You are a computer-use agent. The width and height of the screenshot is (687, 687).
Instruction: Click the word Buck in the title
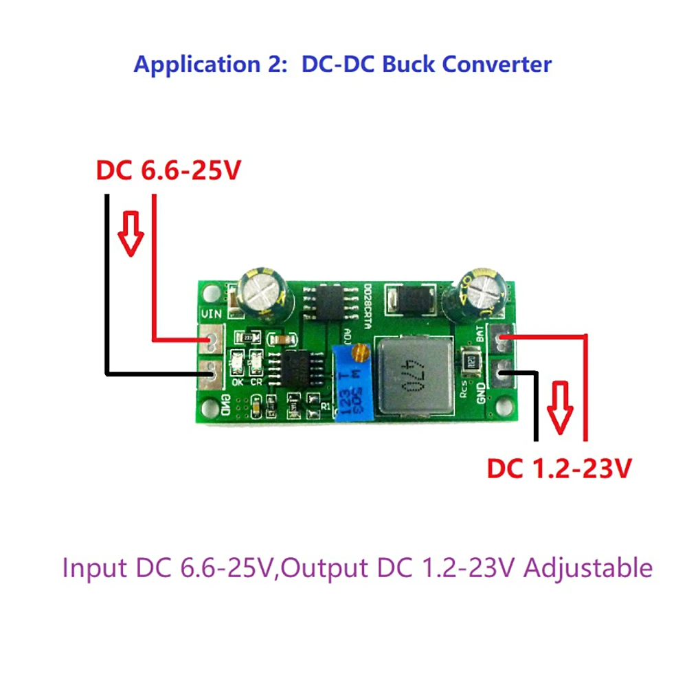[407, 65]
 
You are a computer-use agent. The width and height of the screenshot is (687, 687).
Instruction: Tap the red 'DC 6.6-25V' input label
[168, 170]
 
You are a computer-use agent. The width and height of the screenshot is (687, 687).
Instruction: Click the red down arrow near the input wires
[130, 232]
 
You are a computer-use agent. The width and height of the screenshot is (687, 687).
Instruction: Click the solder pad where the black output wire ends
[502, 374]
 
